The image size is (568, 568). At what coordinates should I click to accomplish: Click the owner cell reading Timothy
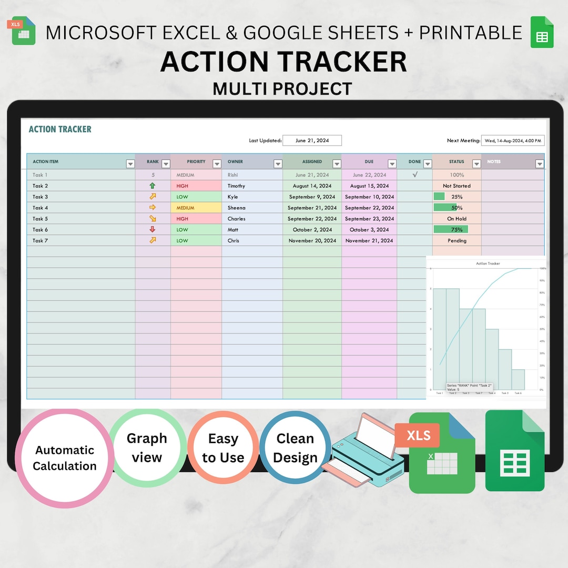pos(236,186)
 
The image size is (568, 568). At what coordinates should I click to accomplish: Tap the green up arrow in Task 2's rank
pos(153,186)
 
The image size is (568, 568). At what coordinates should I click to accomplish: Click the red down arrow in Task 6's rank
pos(153,229)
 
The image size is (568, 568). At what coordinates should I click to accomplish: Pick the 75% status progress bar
pos(451,229)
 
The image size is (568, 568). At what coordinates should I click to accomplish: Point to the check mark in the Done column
pos(415,175)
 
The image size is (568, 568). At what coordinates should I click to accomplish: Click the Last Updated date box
pos(312,140)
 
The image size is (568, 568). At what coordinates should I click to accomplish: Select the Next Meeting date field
pos(513,140)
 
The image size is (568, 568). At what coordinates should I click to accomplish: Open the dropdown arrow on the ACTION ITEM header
pos(130,164)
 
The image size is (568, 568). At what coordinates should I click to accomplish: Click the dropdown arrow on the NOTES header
pos(539,164)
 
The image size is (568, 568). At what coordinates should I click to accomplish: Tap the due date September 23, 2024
pos(369,219)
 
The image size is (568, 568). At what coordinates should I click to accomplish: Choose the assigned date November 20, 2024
pos(312,240)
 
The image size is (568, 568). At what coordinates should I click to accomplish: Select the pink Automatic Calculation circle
pos(65,458)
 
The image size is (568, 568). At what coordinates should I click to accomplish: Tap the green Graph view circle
pos(147,448)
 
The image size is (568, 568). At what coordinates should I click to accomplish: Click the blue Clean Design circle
pos(295,448)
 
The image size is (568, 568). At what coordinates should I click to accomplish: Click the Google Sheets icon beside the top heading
pos(542,32)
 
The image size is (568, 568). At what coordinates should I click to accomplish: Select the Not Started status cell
pos(457,186)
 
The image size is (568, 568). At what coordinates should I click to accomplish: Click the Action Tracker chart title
pos(488,263)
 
